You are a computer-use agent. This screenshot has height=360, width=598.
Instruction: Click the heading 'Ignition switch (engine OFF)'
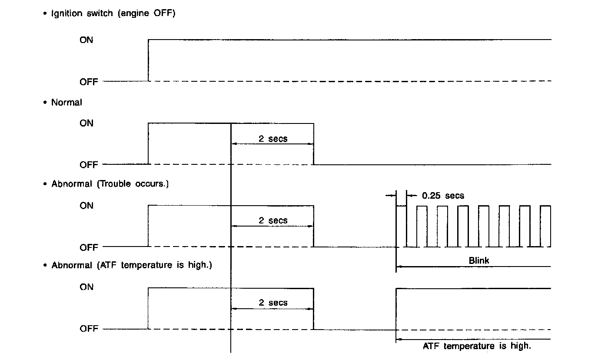pyautogui.click(x=113, y=13)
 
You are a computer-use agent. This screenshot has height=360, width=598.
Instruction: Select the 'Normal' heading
pyautogui.click(x=66, y=103)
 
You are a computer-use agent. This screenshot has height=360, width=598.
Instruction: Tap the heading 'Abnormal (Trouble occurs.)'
pyautogui.click(x=110, y=183)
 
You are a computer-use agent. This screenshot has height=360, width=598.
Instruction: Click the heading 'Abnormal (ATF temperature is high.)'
pyautogui.click(x=132, y=265)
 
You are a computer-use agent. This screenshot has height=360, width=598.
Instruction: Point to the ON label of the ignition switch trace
pyautogui.click(x=86, y=40)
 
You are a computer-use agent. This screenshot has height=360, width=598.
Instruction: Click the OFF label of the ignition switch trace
pyautogui.click(x=89, y=82)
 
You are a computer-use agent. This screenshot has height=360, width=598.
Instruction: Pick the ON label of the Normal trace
pyautogui.click(x=86, y=123)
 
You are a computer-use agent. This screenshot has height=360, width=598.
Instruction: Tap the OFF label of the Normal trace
pyautogui.click(x=89, y=165)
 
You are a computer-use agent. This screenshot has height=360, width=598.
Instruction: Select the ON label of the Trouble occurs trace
pyautogui.click(x=86, y=205)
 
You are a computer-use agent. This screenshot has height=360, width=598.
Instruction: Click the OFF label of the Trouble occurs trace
pyautogui.click(x=89, y=247)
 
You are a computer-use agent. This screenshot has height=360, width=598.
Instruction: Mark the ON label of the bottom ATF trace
pyautogui.click(x=86, y=287)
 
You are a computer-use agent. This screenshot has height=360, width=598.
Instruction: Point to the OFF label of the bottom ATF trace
pyautogui.click(x=89, y=329)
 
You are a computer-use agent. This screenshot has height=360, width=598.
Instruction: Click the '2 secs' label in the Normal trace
pyautogui.click(x=273, y=139)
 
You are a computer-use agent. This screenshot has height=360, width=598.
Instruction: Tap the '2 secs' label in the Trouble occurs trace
pyautogui.click(x=273, y=220)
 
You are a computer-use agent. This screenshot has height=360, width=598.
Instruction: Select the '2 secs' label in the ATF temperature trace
pyautogui.click(x=273, y=302)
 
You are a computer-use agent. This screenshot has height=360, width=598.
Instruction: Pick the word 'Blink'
pyautogui.click(x=479, y=261)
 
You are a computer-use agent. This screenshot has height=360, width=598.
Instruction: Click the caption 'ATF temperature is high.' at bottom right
pyautogui.click(x=477, y=346)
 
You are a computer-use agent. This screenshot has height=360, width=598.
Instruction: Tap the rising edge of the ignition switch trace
pyautogui.click(x=149, y=60)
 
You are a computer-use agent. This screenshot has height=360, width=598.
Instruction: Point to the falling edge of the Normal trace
pyautogui.click(x=314, y=144)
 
